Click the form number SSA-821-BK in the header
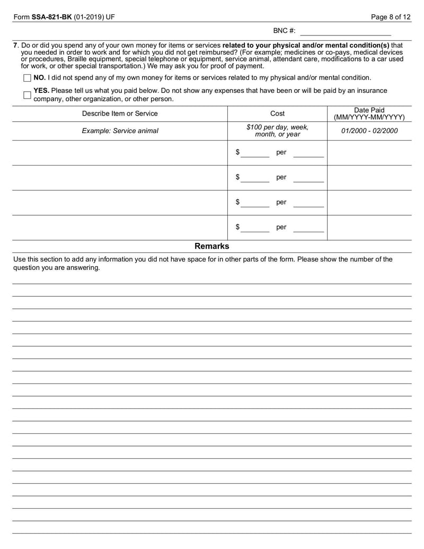(54, 17)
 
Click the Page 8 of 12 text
(391, 17)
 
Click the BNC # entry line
(345, 31)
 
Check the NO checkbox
(28, 78)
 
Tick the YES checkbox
(28, 95)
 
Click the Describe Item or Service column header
(120, 114)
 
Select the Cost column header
(277, 114)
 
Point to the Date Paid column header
(369, 114)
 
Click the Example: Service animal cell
(120, 131)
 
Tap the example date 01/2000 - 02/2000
(369, 131)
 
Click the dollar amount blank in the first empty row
(256, 153)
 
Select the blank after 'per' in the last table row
(308, 228)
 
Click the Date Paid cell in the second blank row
(369, 178)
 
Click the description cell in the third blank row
(120, 203)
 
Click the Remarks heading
(212, 246)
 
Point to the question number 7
(15, 46)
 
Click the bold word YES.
(41, 91)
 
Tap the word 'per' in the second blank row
(281, 178)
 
